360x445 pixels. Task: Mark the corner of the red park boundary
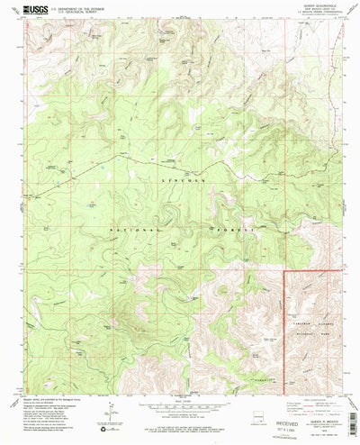tap(285, 269)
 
